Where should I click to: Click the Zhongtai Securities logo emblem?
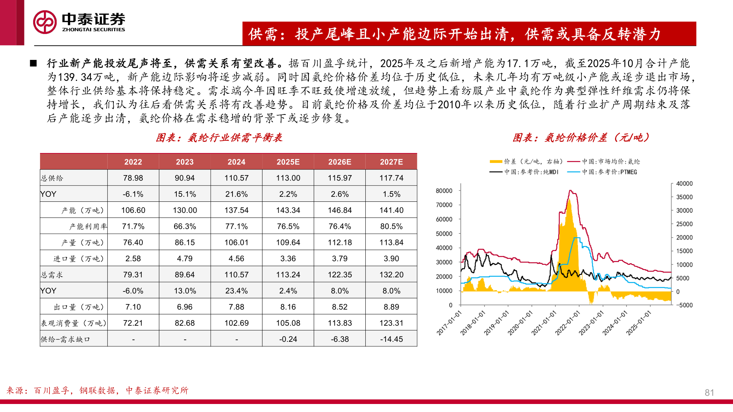(45, 22)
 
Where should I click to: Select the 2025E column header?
(288, 162)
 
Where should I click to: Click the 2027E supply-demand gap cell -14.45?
(391, 339)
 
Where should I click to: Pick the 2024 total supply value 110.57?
(236, 178)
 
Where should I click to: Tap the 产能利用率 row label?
(88, 227)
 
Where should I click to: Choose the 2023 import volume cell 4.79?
(185, 259)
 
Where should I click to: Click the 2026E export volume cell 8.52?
(339, 307)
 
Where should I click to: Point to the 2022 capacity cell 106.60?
(133, 210)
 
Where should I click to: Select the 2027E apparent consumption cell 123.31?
(391, 323)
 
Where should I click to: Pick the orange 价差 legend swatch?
(496, 162)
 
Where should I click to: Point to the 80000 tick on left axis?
(444, 191)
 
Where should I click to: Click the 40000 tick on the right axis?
(684, 184)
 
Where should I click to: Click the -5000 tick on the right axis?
(684, 305)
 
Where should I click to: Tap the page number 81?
(709, 393)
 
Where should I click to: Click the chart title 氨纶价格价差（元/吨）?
(581, 138)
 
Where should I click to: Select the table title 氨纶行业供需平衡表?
(219, 138)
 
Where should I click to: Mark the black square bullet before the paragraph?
(33, 63)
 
